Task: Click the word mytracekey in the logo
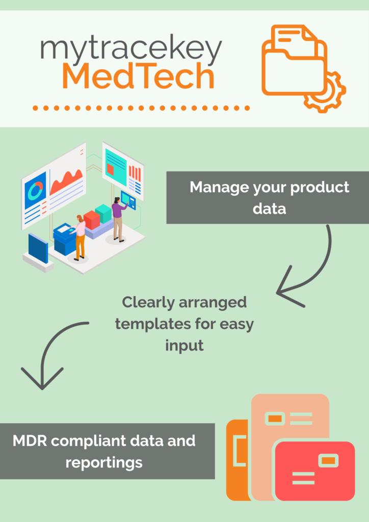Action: pyautogui.click(x=131, y=50)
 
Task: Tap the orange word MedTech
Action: pyautogui.click(x=138, y=77)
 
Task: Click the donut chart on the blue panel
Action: pyautogui.click(x=35, y=191)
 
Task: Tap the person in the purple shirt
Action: pyautogui.click(x=118, y=219)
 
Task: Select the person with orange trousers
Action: pyautogui.click(x=78, y=238)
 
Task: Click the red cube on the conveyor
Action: pyautogui.click(x=92, y=220)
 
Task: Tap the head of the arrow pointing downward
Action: pyautogui.click(x=42, y=378)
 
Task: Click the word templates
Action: pyautogui.click(x=156, y=325)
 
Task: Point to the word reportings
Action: pyautogui.click(x=104, y=463)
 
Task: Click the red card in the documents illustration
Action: pyautogui.click(x=314, y=471)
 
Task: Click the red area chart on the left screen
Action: pyautogui.click(x=66, y=182)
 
